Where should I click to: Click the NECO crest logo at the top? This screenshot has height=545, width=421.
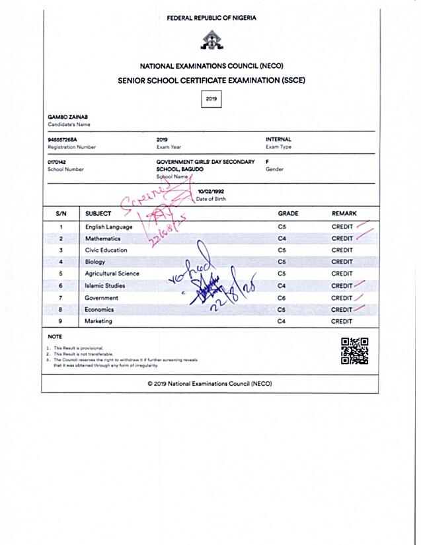tap(211, 42)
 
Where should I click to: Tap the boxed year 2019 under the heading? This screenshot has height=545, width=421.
tap(211, 99)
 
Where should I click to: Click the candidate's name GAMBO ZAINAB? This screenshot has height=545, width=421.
tap(64, 117)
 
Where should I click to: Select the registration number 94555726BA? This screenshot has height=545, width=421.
tap(63, 139)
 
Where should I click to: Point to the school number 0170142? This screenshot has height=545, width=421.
tap(58, 162)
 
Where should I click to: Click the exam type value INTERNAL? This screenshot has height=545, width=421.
tap(278, 139)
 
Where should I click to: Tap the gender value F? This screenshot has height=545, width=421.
tap(267, 162)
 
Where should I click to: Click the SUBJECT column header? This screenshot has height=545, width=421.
tap(98, 213)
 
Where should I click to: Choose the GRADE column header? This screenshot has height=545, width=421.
tap(288, 213)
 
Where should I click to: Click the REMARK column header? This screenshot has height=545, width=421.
tap(344, 213)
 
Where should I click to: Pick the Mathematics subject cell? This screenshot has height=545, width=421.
tap(102, 238)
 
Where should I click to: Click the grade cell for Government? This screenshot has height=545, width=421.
tap(282, 298)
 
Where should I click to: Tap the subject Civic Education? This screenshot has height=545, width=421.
tap(106, 250)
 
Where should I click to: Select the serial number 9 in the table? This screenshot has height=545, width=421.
tap(61, 321)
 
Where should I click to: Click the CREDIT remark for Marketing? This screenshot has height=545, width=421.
tap(342, 321)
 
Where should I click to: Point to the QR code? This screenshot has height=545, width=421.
tap(354, 350)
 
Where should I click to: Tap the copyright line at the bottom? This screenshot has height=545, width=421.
tap(210, 384)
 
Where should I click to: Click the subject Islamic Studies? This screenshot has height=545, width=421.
tap(105, 286)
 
